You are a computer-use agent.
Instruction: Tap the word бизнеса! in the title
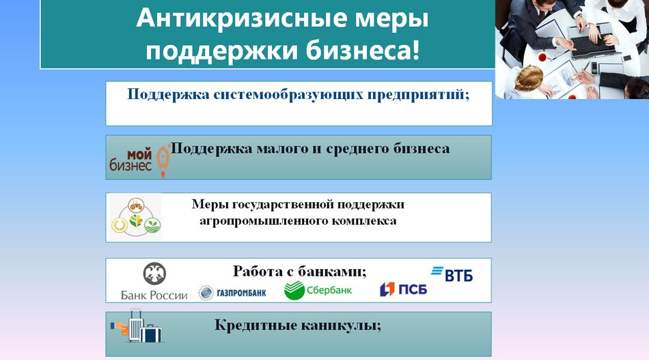tap(363, 50)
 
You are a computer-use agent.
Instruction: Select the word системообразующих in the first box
tap(288, 95)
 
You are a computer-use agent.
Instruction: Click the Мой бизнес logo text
tap(130, 161)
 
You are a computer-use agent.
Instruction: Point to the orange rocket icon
tap(163, 161)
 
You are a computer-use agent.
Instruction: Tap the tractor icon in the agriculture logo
tap(136, 205)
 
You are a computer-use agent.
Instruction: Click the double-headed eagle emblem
tap(154, 274)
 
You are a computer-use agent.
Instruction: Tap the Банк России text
tap(154, 296)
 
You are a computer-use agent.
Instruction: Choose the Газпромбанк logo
tap(232, 293)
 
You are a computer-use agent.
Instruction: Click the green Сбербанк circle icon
tap(294, 290)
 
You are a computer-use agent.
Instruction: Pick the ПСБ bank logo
tap(403, 289)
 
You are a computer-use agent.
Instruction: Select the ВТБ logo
tap(452, 275)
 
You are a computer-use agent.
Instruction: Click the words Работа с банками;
tap(300, 271)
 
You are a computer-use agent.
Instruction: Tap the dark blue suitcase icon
tap(151, 333)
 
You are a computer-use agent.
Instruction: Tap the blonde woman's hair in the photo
tap(528, 77)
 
